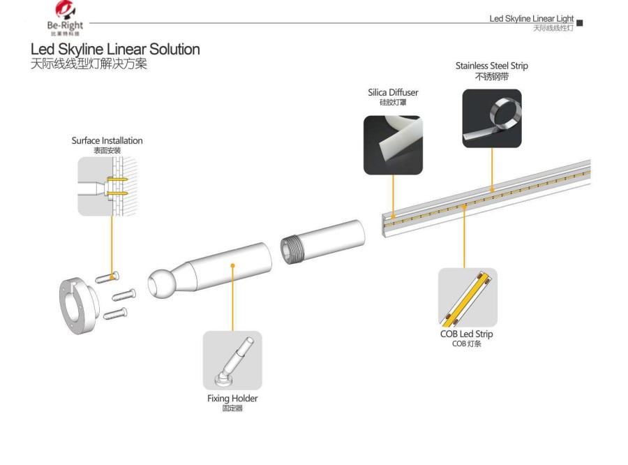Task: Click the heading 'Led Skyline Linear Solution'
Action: [x=115, y=50]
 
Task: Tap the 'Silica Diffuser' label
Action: [x=394, y=92]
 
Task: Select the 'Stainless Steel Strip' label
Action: [x=492, y=66]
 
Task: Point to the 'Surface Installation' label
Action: [x=107, y=140]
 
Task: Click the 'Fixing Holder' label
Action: [x=232, y=399]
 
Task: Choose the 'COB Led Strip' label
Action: [x=468, y=334]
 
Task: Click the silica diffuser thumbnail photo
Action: [x=393, y=145]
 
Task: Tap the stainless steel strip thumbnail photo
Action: [x=492, y=119]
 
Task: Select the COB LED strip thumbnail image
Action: [x=468, y=297]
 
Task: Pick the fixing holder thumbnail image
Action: [x=232, y=360]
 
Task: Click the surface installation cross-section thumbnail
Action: [x=106, y=186]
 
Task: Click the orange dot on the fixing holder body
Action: [x=232, y=265]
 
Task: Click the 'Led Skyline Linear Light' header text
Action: [x=531, y=18]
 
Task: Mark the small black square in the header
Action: [x=579, y=24]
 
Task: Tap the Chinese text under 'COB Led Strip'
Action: [x=467, y=344]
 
